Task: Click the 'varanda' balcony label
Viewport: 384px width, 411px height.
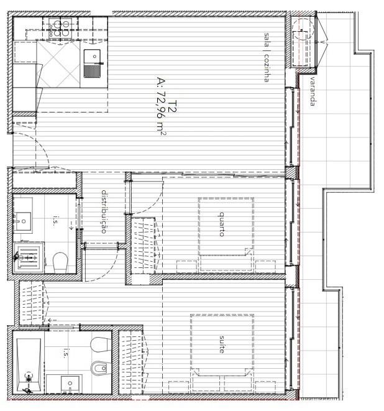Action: pyautogui.click(x=312, y=91)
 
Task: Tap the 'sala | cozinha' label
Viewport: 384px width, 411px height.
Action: pyautogui.click(x=267, y=57)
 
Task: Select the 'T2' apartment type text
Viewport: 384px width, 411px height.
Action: pyautogui.click(x=173, y=106)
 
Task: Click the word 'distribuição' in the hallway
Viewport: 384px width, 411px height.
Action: pyautogui.click(x=104, y=211)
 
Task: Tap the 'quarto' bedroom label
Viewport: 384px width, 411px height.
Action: pyautogui.click(x=222, y=224)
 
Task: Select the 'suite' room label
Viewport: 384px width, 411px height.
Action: pyautogui.click(x=222, y=344)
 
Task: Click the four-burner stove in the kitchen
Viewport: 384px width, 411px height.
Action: pyautogui.click(x=60, y=29)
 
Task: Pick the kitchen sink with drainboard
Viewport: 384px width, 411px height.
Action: pyautogui.click(x=92, y=63)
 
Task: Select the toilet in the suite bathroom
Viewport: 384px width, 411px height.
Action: pyautogui.click(x=99, y=344)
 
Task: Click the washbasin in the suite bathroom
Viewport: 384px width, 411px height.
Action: pyautogui.click(x=70, y=384)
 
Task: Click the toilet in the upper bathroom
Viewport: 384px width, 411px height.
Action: pyautogui.click(x=60, y=262)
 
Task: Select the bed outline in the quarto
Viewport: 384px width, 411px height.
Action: pyautogui.click(x=226, y=226)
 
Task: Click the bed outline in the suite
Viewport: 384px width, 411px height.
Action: pyautogui.click(x=222, y=345)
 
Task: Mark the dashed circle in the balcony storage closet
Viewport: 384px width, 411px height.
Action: pyautogui.click(x=303, y=29)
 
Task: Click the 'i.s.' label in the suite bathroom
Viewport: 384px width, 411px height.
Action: pyautogui.click(x=65, y=353)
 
